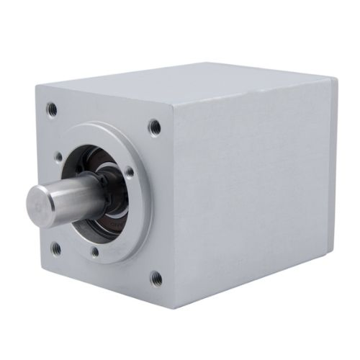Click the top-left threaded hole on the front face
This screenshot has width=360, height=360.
(52, 109)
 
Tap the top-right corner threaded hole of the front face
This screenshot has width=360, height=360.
(154, 127)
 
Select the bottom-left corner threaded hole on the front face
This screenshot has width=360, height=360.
(56, 248)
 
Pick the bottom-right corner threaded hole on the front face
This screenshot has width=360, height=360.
(155, 276)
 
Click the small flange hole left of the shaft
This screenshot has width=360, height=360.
(59, 156)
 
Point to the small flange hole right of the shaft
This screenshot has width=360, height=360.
(129, 173)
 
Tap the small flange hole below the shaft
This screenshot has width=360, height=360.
(94, 252)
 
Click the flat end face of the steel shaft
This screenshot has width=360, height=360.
(38, 202)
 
